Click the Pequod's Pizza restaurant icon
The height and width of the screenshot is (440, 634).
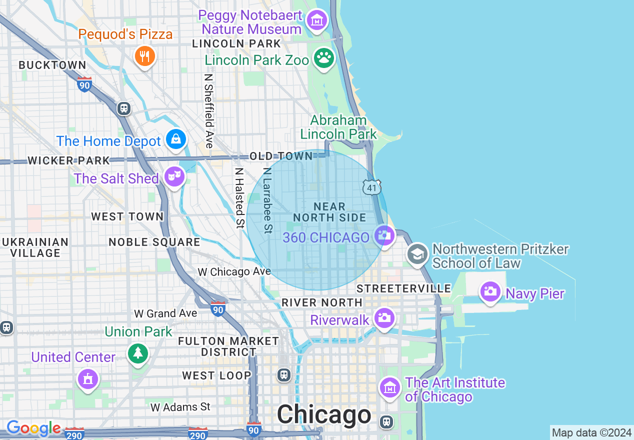(144, 56)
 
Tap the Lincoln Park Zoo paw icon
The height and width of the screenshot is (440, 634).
(324, 58)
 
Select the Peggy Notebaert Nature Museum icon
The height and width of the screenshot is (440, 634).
(316, 20)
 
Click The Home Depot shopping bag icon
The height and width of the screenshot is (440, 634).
(176, 139)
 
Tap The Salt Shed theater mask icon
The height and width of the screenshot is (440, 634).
(174, 176)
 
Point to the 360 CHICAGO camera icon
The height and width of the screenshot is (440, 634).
(383, 235)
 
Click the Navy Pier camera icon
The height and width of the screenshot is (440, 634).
(490, 291)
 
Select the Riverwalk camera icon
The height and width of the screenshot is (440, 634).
(384, 318)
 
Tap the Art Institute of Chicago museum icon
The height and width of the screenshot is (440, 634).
(389, 387)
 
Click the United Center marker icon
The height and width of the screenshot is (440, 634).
(88, 379)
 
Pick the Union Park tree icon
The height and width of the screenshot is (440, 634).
(138, 353)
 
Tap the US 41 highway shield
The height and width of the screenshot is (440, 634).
(371, 187)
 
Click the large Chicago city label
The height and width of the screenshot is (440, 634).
(324, 414)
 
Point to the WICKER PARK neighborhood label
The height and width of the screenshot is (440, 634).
(68, 160)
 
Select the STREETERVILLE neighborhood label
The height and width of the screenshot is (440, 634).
(403, 288)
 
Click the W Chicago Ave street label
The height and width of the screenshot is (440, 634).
(234, 271)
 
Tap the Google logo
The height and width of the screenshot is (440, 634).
(33, 428)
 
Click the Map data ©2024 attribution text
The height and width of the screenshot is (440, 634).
(591, 432)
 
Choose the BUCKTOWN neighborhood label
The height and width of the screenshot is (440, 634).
(52, 65)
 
